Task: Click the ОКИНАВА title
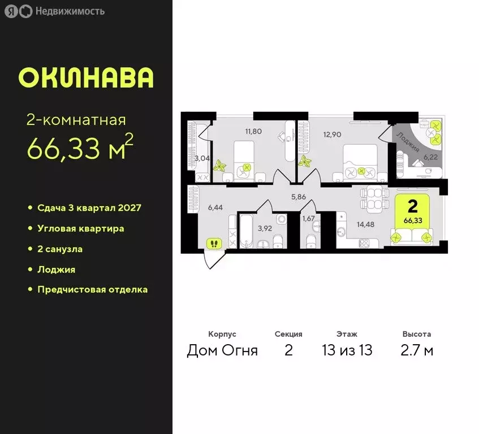(86, 78)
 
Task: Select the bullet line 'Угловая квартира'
(81, 228)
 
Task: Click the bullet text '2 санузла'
(63, 249)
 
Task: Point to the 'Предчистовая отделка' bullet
(92, 289)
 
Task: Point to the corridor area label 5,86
(298, 197)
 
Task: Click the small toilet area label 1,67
(308, 218)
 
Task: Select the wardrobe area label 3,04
(202, 158)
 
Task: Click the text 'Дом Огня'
(222, 350)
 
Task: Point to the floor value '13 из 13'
(347, 350)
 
